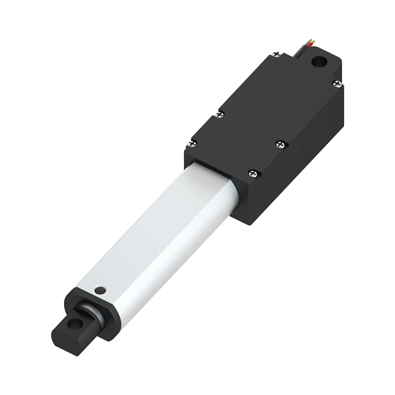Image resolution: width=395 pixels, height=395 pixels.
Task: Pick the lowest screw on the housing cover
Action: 253,173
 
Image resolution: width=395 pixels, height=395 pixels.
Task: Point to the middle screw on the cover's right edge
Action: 280,144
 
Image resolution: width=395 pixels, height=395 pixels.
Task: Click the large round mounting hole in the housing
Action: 320,63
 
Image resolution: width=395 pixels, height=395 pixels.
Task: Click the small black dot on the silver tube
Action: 101,290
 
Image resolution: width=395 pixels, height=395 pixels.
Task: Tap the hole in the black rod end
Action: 76,324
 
